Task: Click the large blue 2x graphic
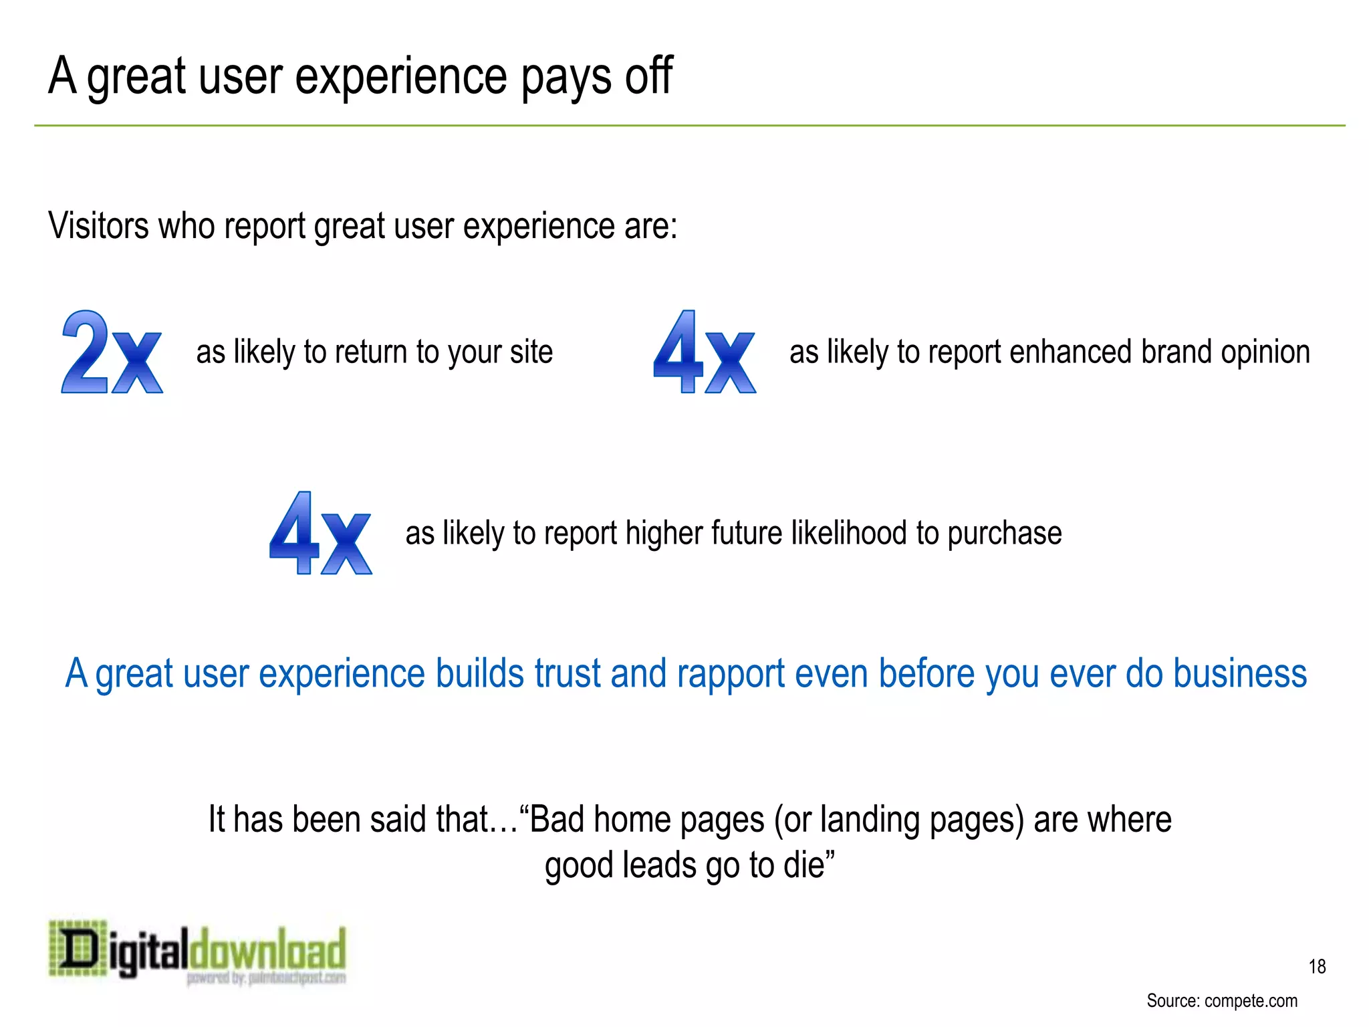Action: tap(112, 352)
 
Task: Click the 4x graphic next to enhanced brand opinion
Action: tap(704, 352)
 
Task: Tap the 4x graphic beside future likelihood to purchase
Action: tap(320, 534)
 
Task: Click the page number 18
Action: tap(1317, 967)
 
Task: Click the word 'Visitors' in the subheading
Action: tap(98, 226)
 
